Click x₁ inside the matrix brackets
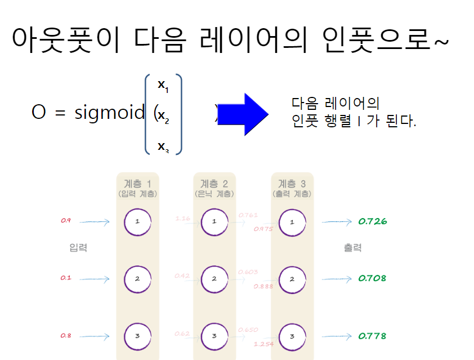[163, 85]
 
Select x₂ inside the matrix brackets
[163, 116]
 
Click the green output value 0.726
[373, 221]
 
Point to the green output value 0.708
[373, 278]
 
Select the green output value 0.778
[373, 336]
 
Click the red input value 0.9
[66, 220]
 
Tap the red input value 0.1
[66, 278]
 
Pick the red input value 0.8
[66, 336]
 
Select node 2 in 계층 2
[214, 278]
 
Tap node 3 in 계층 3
[292, 336]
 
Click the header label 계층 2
[214, 184]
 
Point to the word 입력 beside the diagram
[78, 247]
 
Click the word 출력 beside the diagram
[352, 247]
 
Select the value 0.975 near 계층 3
[263, 229]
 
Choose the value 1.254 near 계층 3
[263, 344]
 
